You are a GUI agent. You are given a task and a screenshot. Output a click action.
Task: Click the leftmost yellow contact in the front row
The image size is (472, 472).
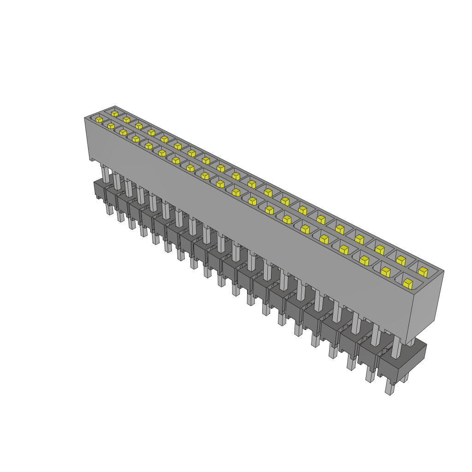click(x=99, y=120)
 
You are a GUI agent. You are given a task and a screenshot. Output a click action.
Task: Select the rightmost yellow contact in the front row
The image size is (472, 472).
click(x=407, y=283)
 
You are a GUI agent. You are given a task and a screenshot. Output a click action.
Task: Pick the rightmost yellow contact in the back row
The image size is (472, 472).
click(x=423, y=271)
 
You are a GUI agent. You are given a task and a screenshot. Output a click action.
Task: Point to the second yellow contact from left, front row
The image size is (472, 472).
click(x=111, y=125)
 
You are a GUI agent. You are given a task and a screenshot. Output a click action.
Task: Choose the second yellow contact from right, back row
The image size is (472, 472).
click(x=401, y=260)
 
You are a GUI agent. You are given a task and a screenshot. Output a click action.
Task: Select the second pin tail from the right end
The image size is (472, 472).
click(x=370, y=374)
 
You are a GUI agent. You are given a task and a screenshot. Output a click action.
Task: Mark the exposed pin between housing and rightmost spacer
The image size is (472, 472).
click(x=396, y=348)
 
